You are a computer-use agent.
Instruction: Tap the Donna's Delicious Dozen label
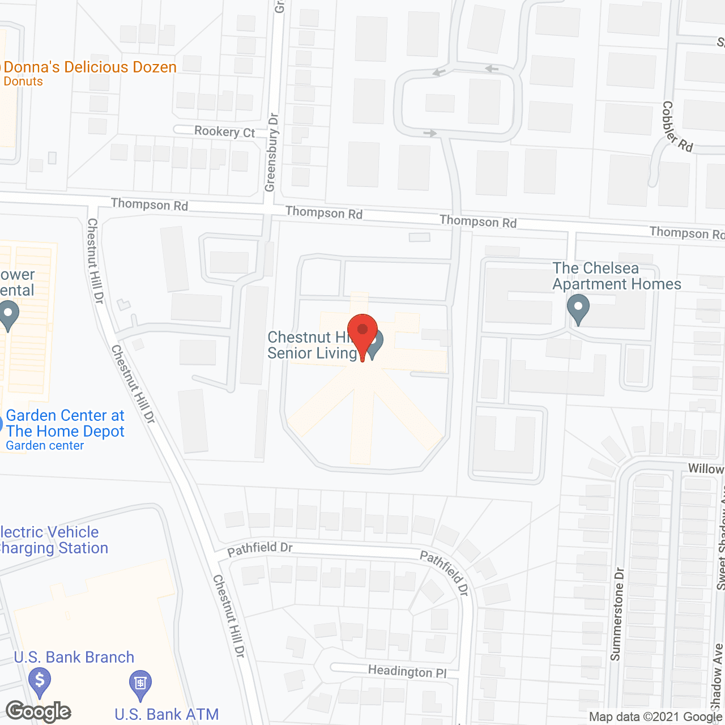(x=89, y=67)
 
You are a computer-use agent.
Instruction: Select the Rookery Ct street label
(x=224, y=131)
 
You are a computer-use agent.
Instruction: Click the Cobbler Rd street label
(x=676, y=126)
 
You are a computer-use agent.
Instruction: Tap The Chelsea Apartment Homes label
(x=616, y=276)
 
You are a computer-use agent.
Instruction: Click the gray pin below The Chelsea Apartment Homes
(x=578, y=309)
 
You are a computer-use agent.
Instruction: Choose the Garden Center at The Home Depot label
(x=65, y=424)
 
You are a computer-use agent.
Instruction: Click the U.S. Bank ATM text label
(x=167, y=714)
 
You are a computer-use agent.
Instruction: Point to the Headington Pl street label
(x=407, y=671)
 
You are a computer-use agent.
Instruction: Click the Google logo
(x=39, y=711)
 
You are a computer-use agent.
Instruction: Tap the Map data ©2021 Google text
(x=656, y=717)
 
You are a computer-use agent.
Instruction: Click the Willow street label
(x=705, y=469)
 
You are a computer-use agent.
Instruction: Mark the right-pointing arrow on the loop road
(x=430, y=134)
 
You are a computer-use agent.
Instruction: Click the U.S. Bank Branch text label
(x=74, y=657)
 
